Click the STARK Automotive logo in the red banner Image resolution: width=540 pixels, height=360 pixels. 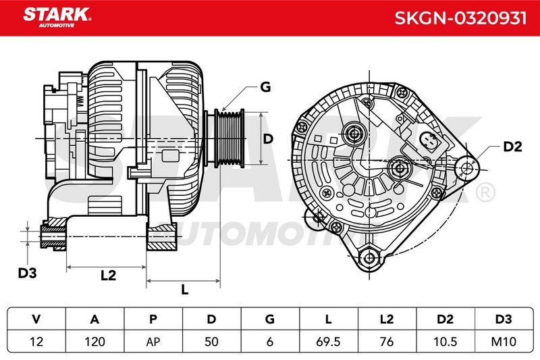tap(57, 18)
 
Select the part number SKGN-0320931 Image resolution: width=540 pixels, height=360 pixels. tap(460, 18)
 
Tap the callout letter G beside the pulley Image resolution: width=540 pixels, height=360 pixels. tap(265, 87)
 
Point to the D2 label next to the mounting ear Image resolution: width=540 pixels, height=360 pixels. tap(512, 147)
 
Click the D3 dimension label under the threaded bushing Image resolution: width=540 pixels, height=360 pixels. tap(27, 273)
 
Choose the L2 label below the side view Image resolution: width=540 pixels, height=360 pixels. tap(109, 276)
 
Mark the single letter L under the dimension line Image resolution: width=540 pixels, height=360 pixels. tap(185, 290)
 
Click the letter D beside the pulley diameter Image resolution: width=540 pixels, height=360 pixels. tap(267, 139)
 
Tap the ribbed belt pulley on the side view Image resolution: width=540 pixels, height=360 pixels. tap(230, 138)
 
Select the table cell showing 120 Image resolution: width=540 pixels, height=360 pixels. tap(94, 342)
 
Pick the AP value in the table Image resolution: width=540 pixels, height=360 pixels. tap(153, 342)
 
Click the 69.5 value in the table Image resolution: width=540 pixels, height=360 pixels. tap(328, 342)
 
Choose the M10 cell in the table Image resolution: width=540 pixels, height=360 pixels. tap(504, 342)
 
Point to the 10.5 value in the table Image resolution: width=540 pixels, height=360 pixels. tap(445, 342)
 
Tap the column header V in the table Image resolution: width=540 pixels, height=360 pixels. tap(36, 319)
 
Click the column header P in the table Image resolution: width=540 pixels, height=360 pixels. tap(153, 319)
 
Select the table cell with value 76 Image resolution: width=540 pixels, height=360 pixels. tap(387, 342)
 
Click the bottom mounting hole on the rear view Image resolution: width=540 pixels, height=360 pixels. tap(369, 258)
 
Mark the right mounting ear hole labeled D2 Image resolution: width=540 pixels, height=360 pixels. tap(467, 168)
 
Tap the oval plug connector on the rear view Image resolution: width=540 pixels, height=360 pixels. tap(429, 142)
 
